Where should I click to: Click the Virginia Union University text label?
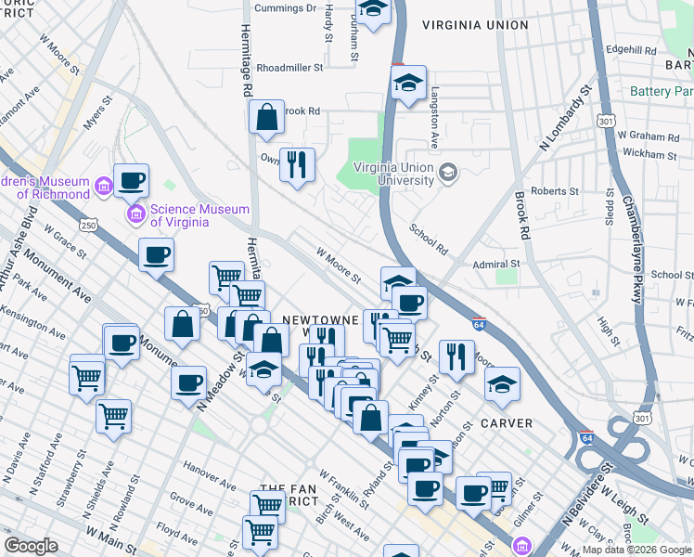[x=385, y=174]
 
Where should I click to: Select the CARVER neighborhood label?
[x=507, y=423]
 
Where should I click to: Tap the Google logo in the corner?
[x=31, y=546]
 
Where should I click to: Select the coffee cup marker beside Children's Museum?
[x=131, y=180]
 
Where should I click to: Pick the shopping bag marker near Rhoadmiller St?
[x=266, y=117]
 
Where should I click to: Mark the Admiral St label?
[x=497, y=264]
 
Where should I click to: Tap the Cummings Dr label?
[x=287, y=7]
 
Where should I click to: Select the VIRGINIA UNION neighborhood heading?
[x=475, y=25]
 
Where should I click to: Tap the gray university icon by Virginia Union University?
[x=448, y=172]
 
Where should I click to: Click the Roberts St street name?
[x=556, y=191]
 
